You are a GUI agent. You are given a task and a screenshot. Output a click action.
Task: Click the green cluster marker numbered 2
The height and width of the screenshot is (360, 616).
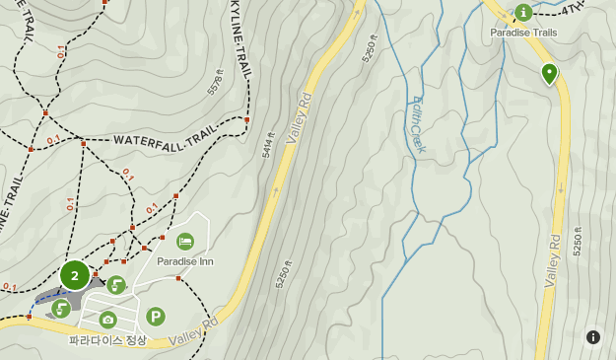(x=74, y=275)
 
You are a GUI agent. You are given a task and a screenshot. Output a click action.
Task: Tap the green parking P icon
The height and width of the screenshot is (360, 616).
(x=155, y=317)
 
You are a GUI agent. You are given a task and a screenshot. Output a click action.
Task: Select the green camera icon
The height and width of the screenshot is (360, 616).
(x=107, y=319)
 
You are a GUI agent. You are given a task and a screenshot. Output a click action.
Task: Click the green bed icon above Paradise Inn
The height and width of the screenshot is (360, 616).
(x=185, y=242)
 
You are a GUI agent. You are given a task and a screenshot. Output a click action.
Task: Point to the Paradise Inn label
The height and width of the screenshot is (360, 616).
(x=185, y=261)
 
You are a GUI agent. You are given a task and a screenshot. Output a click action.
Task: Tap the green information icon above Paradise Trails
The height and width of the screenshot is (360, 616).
(x=522, y=12)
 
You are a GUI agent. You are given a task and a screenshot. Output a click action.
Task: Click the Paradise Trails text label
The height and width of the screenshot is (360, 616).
(x=523, y=33)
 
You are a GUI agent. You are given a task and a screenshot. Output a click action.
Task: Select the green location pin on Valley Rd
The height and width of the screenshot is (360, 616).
(x=549, y=72)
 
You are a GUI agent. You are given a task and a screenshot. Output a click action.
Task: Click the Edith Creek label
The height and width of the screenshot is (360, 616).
(x=417, y=124)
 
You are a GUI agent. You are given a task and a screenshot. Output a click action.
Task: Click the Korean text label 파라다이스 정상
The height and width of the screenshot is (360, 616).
(x=107, y=341)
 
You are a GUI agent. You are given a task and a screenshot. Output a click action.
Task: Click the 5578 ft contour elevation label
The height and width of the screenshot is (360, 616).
(x=216, y=81)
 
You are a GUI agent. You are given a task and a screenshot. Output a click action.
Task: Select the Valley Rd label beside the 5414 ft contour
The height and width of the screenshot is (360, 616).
(x=298, y=118)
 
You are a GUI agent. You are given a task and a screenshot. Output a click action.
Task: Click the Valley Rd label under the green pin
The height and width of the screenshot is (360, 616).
(x=552, y=262)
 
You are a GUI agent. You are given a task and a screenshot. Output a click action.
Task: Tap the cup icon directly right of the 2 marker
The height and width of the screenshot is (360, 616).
(x=116, y=286)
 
